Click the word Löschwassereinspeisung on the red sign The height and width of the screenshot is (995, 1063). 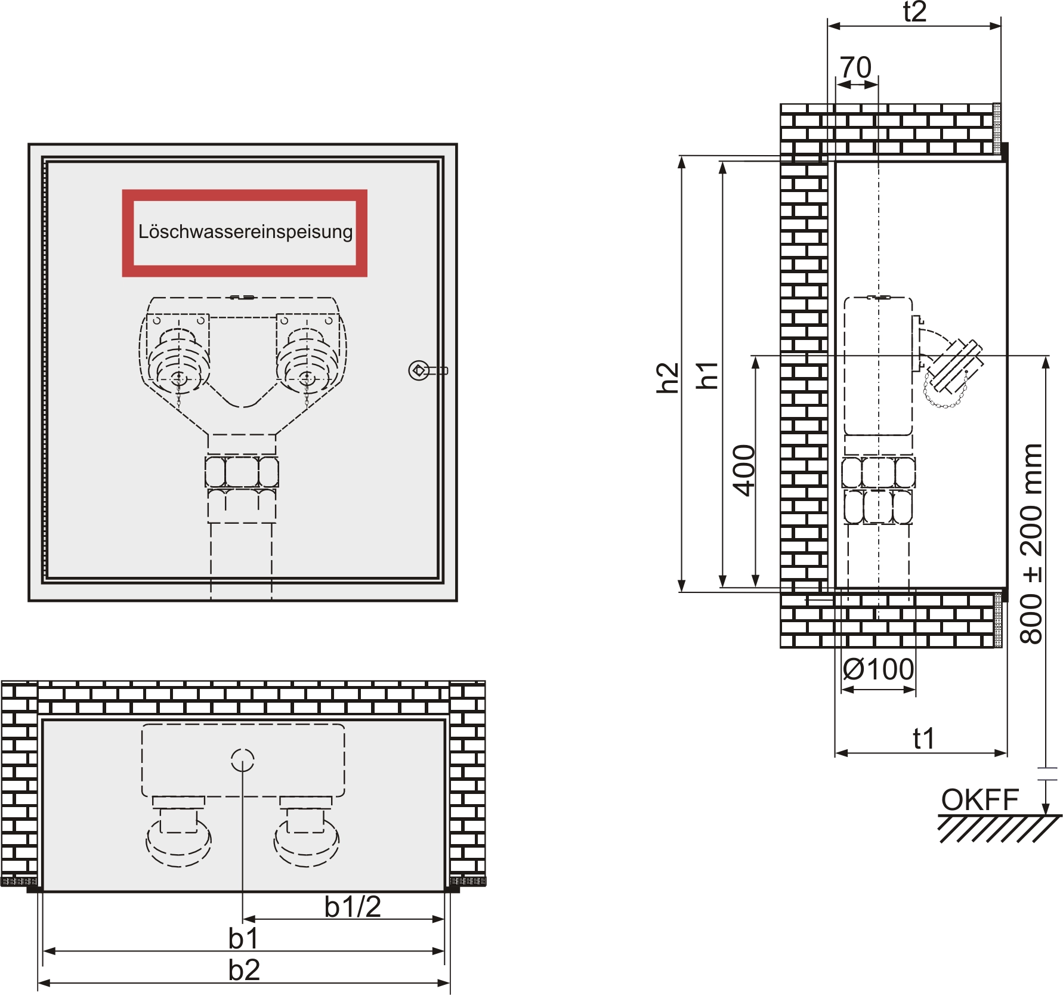(x=245, y=231)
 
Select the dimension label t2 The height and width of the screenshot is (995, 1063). (x=914, y=12)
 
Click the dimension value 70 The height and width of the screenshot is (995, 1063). (x=856, y=67)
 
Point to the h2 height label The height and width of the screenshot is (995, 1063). (x=668, y=378)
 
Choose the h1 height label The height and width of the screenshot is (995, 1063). (x=708, y=375)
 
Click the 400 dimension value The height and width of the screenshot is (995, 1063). (x=744, y=470)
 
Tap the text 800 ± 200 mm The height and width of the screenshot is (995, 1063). (x=1031, y=543)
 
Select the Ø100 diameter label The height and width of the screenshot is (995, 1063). (x=878, y=669)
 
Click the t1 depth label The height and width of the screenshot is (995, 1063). (x=923, y=738)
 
